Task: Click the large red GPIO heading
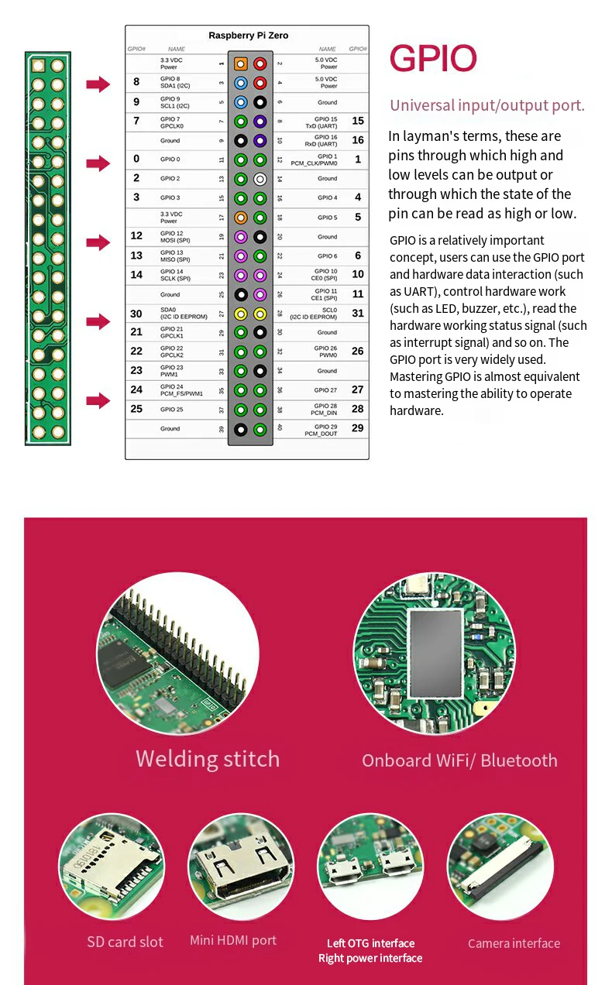click(x=433, y=59)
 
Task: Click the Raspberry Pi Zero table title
click(x=249, y=36)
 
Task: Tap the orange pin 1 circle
click(x=241, y=63)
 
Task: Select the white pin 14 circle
click(x=260, y=179)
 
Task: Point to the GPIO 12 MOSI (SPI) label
click(x=175, y=236)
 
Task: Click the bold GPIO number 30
click(x=136, y=314)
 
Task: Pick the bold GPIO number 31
click(x=357, y=314)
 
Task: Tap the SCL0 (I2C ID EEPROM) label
click(x=313, y=314)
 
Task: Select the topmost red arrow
click(x=98, y=84)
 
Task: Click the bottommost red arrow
click(x=98, y=400)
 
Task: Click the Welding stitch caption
click(x=208, y=759)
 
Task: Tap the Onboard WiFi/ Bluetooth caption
click(x=459, y=760)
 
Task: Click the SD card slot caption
click(x=125, y=942)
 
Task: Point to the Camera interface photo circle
click(x=500, y=867)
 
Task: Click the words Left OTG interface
click(x=370, y=943)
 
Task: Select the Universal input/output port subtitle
click(x=487, y=106)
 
